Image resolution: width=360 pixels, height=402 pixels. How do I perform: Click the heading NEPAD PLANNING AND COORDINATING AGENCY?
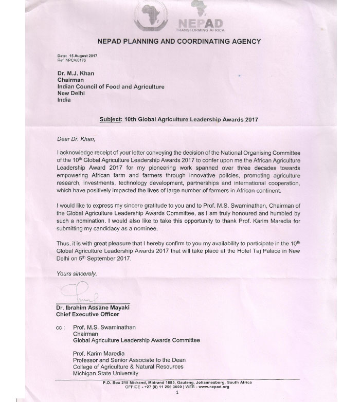click(x=179, y=41)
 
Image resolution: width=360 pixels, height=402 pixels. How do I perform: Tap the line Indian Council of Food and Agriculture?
click(x=111, y=87)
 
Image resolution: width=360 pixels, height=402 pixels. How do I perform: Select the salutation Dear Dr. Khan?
click(x=75, y=138)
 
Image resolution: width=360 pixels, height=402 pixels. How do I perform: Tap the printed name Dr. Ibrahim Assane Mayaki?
click(x=93, y=307)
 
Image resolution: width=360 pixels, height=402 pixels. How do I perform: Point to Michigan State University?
click(x=106, y=373)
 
